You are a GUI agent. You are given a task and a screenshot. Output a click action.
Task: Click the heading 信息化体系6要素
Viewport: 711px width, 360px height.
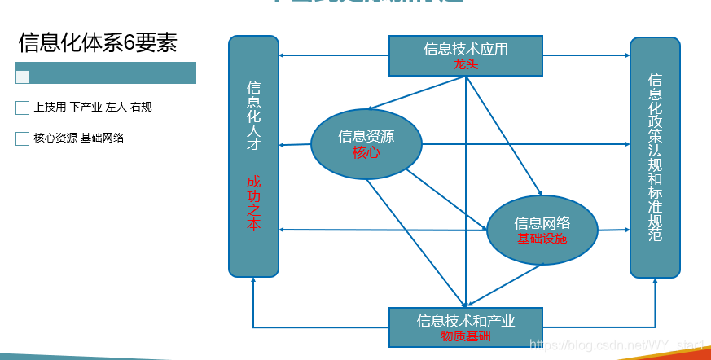(98, 42)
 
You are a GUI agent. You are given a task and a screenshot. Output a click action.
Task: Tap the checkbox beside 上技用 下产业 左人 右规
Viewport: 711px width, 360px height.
(22, 108)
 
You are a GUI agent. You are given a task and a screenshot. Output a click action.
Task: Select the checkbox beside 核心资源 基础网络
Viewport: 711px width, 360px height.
(22, 138)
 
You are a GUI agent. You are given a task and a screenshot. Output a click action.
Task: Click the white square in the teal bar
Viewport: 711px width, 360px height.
(22, 77)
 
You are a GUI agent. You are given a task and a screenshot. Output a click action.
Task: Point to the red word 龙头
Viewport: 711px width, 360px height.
(466, 64)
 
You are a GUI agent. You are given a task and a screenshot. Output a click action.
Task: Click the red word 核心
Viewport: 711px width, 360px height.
(366, 152)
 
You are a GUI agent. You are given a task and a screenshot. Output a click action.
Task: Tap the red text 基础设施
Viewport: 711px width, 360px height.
(542, 239)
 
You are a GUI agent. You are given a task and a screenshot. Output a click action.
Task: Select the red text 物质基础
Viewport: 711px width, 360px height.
(466, 336)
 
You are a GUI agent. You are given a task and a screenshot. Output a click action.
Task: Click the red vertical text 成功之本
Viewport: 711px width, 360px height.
(253, 203)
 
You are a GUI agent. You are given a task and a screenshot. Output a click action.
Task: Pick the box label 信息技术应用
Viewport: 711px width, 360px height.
(466, 49)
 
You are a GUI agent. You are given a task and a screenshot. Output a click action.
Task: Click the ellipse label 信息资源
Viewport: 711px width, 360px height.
(366, 136)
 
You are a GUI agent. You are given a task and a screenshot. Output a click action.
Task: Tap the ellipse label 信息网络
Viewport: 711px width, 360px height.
(542, 222)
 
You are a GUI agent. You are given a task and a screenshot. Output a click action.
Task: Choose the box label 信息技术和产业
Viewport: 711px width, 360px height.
(466, 321)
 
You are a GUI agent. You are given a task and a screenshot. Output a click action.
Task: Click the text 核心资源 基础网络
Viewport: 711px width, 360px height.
(79, 138)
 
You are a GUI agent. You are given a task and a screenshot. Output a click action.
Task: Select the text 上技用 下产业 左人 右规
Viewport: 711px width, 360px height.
(93, 108)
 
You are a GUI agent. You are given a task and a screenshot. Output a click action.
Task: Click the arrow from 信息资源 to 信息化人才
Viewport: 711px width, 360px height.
(295, 145)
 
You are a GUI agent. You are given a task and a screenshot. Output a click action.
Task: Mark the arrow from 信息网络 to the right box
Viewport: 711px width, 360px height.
(614, 230)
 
